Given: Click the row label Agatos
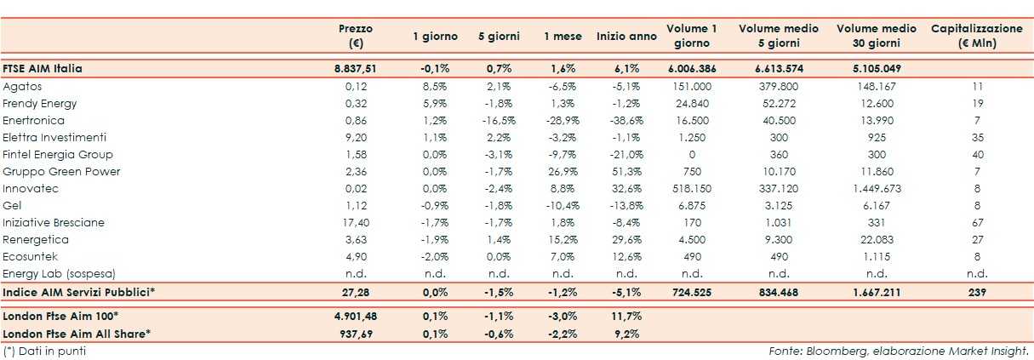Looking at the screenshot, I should point(23,86).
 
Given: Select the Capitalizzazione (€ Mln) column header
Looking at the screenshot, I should point(976,35).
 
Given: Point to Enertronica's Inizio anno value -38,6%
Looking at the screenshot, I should point(626,120).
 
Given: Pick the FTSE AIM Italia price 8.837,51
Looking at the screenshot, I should point(356,68).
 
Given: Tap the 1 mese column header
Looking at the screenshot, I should point(563,36).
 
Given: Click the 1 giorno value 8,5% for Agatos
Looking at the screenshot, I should point(435,86).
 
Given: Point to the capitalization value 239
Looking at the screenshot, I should point(976,292).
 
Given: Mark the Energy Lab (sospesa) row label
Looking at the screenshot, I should point(59,273).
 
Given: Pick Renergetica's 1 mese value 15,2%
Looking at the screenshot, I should point(563,239).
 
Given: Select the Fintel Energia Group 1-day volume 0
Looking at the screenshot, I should point(691,154).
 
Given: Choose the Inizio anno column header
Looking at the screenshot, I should point(626,36).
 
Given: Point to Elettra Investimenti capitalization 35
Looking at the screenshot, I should point(976,137).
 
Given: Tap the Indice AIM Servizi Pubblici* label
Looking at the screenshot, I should point(79,292).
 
